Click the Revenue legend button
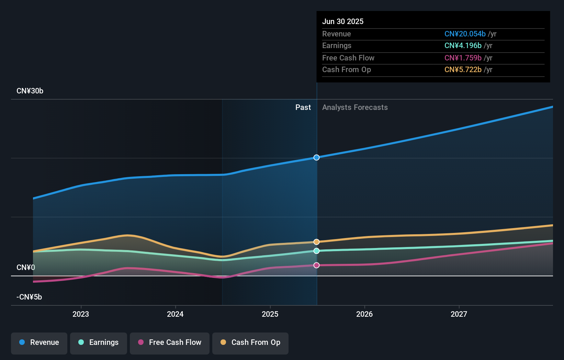(x=39, y=342)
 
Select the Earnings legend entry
(x=99, y=342)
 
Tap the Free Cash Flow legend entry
(x=170, y=342)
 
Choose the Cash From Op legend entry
(x=250, y=342)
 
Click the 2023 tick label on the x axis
(x=81, y=314)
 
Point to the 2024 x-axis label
(x=175, y=314)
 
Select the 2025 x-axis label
(x=270, y=314)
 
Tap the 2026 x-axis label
(x=364, y=314)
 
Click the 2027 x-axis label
(x=459, y=314)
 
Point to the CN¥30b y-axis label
(x=30, y=91)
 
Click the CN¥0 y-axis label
(x=26, y=267)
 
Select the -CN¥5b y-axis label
(x=29, y=297)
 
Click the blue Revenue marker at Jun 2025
(x=316, y=157)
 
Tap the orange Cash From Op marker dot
(x=316, y=242)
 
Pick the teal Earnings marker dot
(x=316, y=251)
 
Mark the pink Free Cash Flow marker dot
(x=316, y=265)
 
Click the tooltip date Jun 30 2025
(x=342, y=21)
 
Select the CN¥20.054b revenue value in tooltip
(x=465, y=34)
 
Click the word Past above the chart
(x=303, y=108)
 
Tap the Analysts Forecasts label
(x=355, y=108)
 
